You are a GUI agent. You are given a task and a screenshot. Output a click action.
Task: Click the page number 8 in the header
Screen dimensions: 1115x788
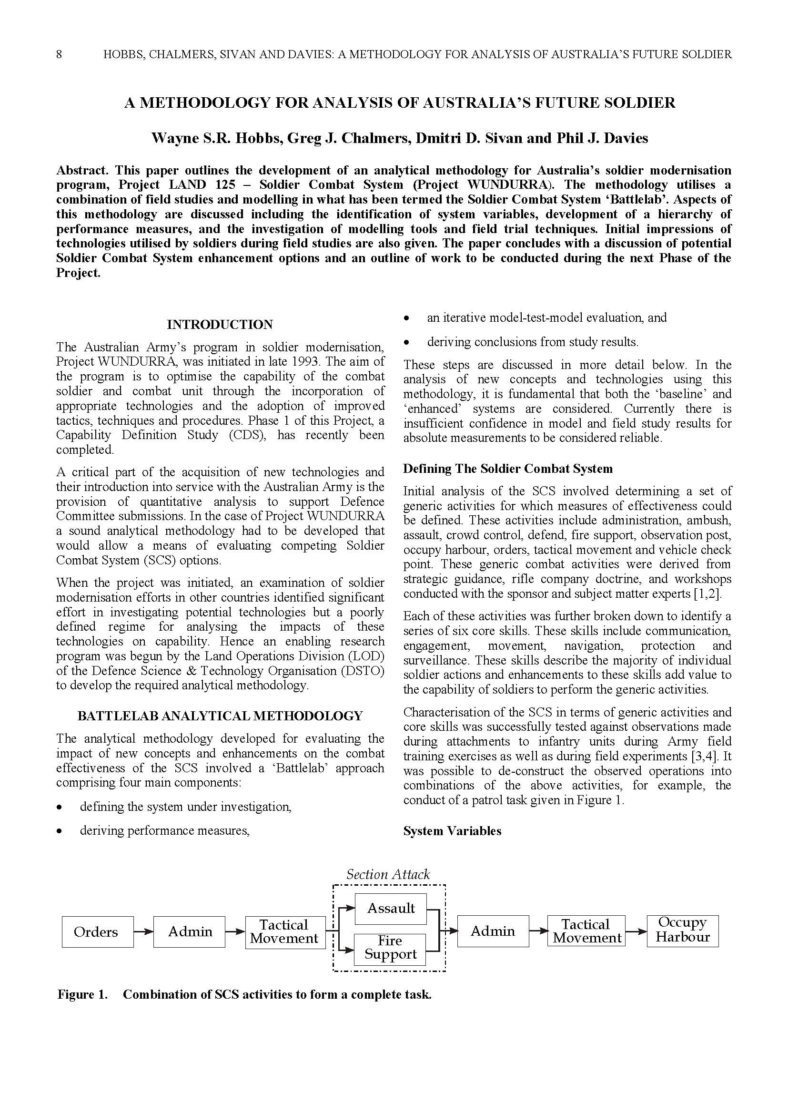59,54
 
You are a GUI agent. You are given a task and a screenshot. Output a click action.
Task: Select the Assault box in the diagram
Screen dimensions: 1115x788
391,908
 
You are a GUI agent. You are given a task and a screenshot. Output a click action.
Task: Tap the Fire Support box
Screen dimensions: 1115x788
390,948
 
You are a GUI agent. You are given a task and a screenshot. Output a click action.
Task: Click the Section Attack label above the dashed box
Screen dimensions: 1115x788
388,875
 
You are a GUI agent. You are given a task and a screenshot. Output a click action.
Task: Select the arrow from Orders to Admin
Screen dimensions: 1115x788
143,931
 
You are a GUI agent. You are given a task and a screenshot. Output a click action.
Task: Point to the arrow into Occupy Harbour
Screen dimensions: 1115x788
636,931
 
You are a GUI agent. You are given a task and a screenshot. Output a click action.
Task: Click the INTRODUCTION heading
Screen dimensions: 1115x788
220,325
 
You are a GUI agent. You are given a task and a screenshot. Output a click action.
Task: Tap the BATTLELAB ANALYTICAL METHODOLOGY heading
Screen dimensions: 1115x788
220,716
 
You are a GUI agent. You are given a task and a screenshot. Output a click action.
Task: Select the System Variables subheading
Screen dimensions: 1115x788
452,831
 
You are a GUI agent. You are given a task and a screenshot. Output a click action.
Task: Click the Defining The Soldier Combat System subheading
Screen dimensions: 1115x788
507,469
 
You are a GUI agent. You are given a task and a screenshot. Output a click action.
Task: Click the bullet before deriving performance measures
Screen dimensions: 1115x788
59,831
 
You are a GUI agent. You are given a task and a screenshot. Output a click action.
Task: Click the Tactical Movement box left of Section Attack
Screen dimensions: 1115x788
285,931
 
